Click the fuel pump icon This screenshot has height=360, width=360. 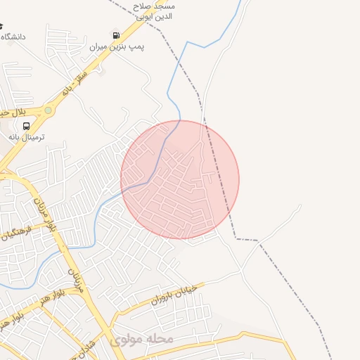click(116, 34)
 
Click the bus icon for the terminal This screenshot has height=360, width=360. click(26, 126)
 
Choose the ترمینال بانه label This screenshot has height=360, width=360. click(26, 138)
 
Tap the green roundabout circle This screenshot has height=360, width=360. click(48, 110)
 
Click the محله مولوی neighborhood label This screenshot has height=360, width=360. click(141, 339)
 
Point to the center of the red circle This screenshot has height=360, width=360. click(180, 179)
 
